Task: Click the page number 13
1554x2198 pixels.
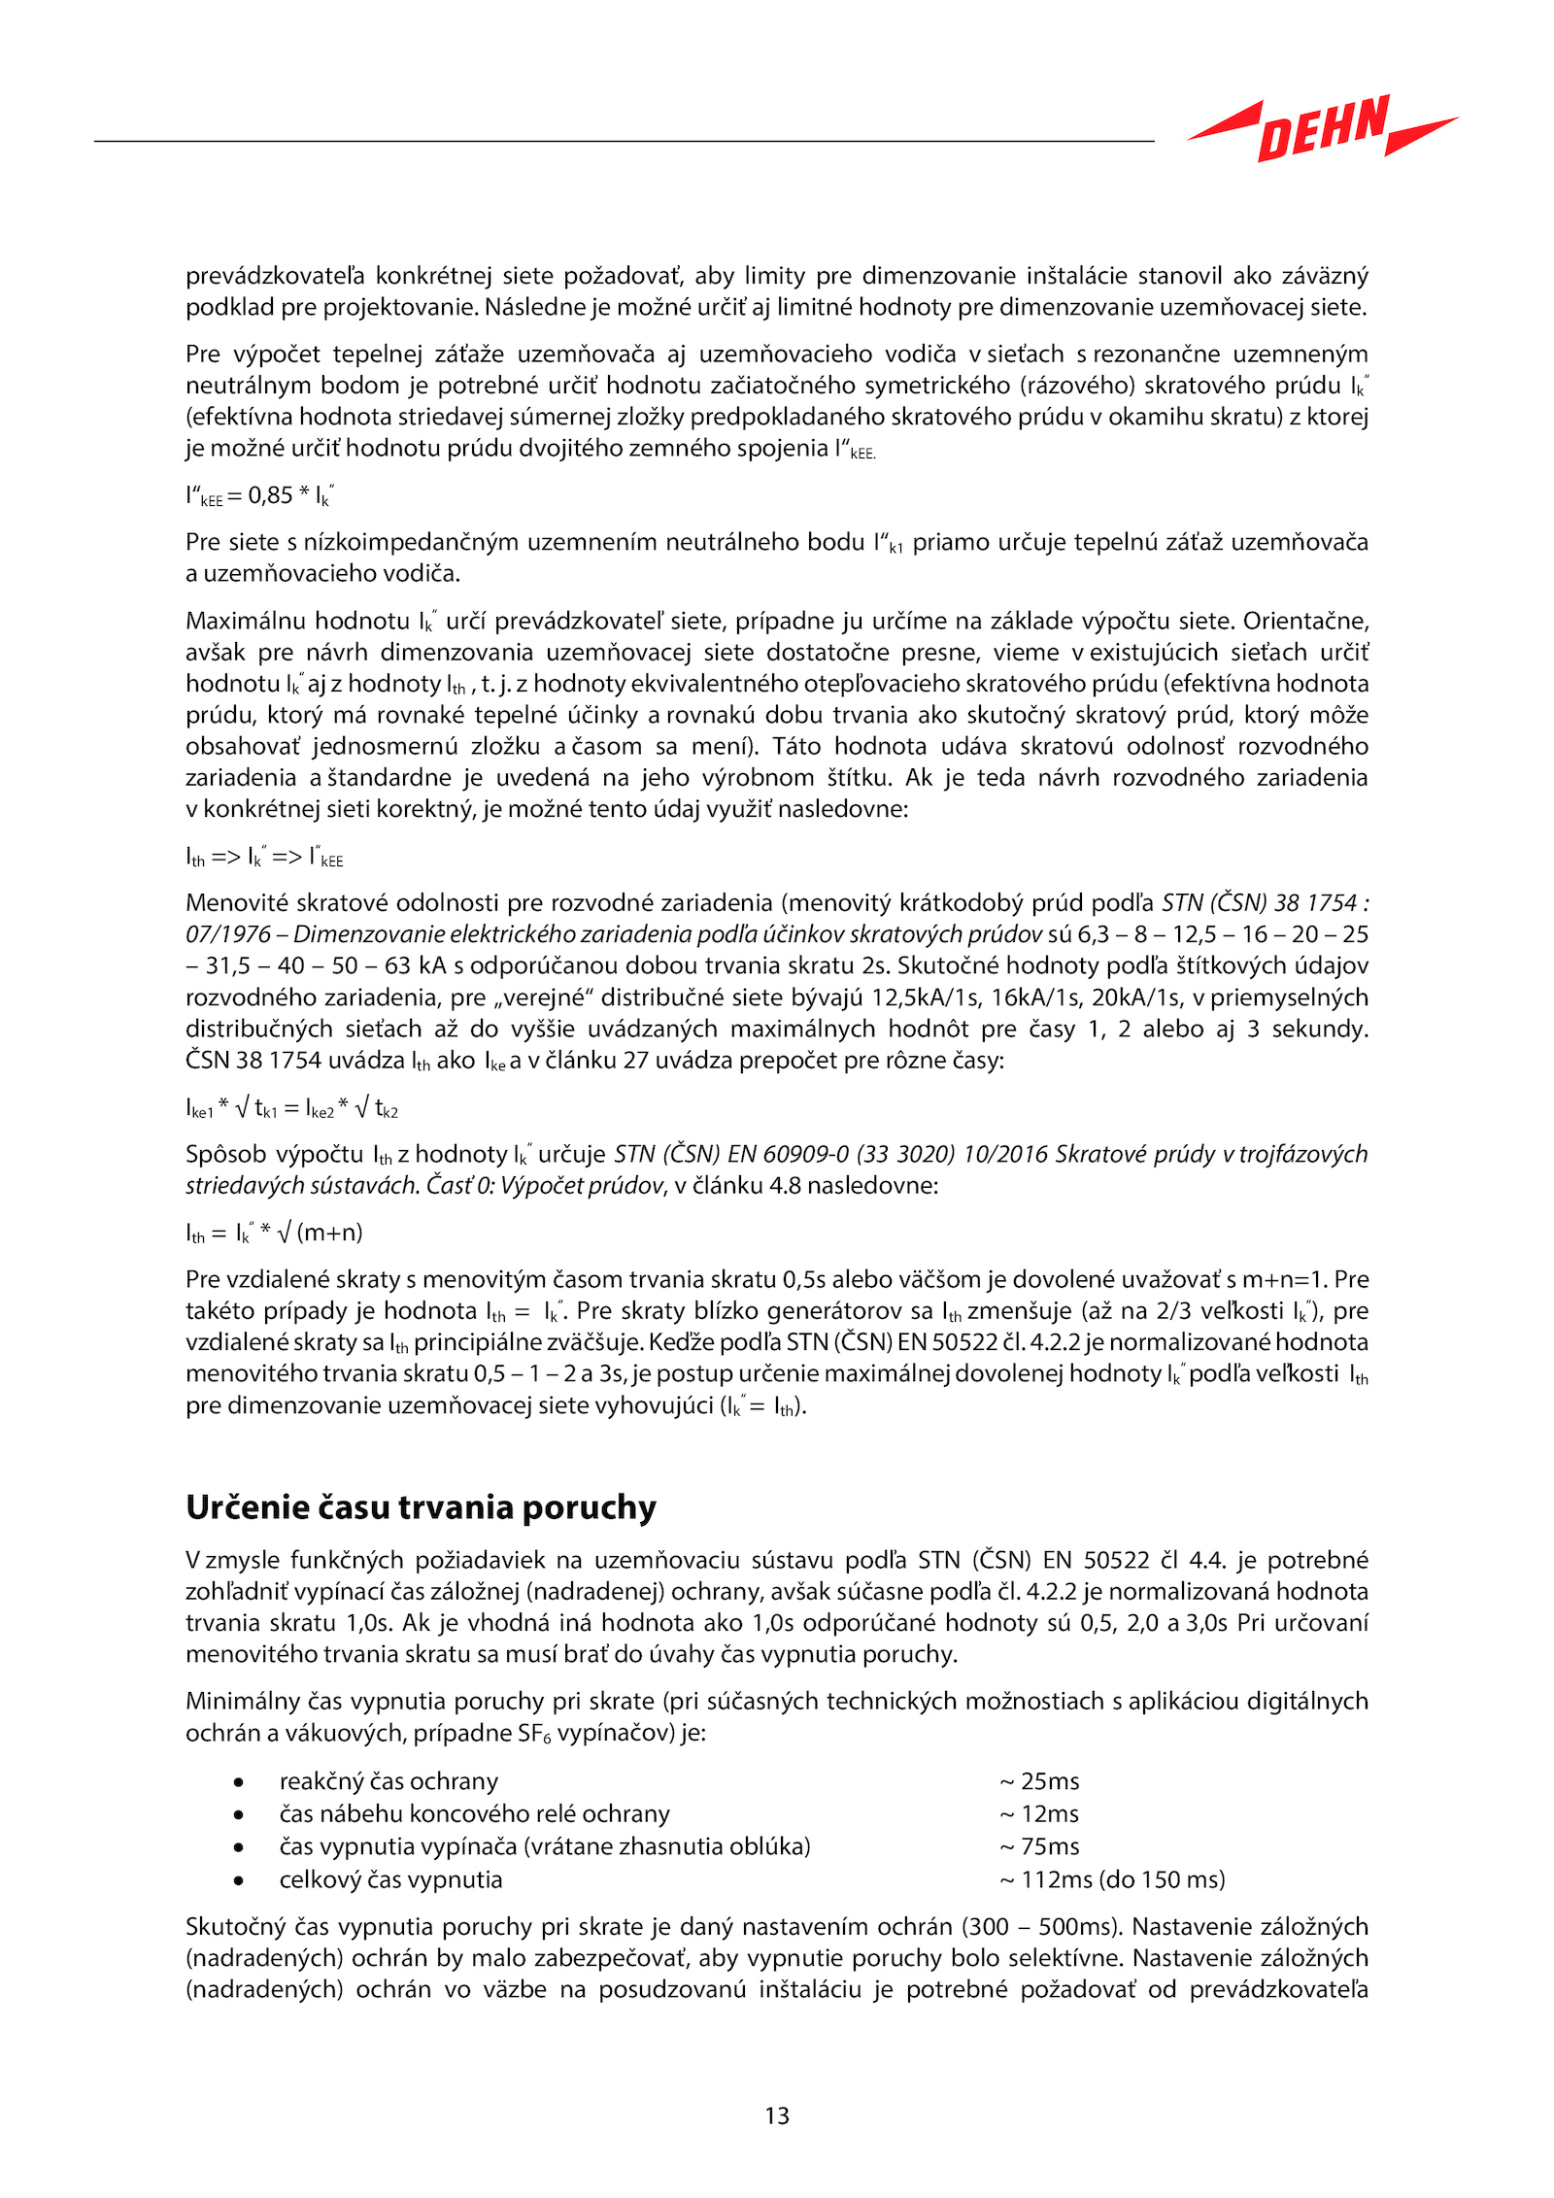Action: (x=777, y=2115)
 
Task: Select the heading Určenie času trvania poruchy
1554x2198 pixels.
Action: (x=421, y=1507)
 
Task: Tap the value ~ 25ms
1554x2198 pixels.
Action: (x=1039, y=1781)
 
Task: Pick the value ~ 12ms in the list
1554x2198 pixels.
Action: (x=1039, y=1813)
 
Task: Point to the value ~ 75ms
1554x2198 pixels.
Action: (x=1039, y=1846)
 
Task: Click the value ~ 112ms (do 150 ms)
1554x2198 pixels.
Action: (x=1112, y=1879)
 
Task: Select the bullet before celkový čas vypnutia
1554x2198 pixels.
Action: (x=238, y=1880)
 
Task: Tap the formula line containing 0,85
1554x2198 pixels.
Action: (x=259, y=496)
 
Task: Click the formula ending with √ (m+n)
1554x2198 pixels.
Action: (x=274, y=1234)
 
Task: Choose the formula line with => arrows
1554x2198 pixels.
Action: (x=264, y=858)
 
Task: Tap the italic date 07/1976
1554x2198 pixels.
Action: (x=228, y=934)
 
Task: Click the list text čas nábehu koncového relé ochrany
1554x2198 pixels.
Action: (x=474, y=1813)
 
